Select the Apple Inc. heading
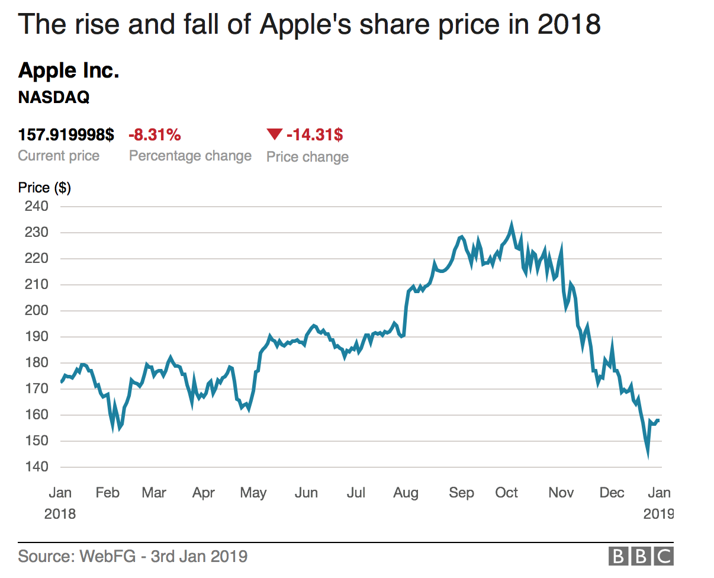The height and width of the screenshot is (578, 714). (69, 71)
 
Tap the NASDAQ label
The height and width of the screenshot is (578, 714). (54, 98)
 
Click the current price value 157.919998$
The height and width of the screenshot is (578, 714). (66, 135)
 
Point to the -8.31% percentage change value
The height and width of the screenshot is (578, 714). (155, 135)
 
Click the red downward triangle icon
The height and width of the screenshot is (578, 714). (274, 135)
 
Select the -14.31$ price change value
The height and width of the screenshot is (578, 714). (314, 135)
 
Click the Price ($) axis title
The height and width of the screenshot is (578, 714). (44, 188)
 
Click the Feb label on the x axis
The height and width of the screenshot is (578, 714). (107, 493)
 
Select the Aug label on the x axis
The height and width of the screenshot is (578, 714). (406, 493)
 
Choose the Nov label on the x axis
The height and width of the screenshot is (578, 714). (561, 493)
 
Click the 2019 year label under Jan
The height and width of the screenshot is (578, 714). (658, 514)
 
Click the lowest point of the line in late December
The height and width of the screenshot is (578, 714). (648, 455)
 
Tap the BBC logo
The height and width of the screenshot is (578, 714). (641, 557)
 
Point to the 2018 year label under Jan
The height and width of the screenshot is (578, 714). (60, 514)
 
